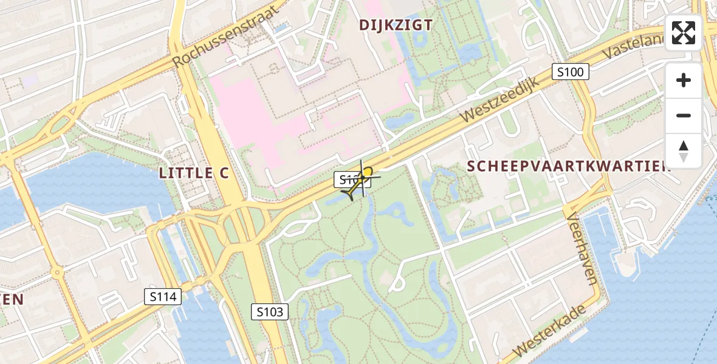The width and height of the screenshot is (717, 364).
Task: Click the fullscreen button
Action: (684, 33)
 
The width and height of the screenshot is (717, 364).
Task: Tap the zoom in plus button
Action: (684, 81)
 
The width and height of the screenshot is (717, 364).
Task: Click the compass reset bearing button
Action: (684, 150)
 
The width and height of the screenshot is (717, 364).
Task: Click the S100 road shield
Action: (571, 72)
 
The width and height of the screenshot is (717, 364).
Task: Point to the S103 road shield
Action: (270, 312)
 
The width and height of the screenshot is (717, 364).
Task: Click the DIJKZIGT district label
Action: (396, 25)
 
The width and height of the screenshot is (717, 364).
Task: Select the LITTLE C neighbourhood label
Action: (194, 173)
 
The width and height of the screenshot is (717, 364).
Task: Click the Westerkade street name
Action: (550, 330)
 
